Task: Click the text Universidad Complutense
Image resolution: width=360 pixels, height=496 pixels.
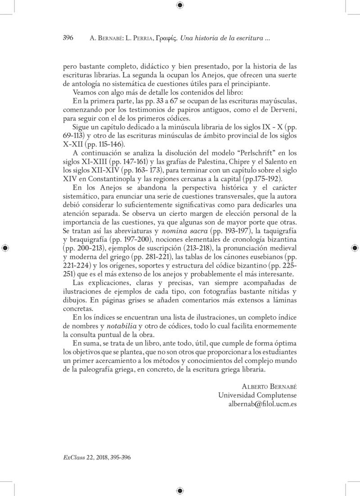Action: click(x=257, y=396)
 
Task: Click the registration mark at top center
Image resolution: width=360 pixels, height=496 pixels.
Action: click(x=180, y=5)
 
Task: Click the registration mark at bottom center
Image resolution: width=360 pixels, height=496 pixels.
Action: click(x=180, y=491)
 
